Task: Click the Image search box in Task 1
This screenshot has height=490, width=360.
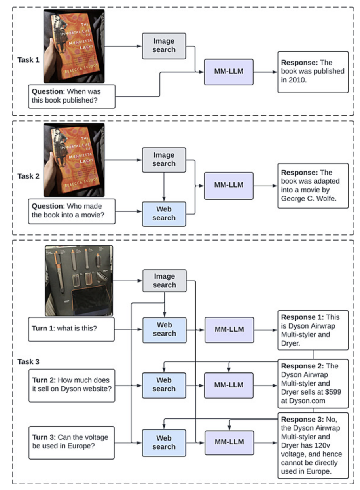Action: (x=164, y=46)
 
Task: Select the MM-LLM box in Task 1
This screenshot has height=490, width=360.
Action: (x=228, y=72)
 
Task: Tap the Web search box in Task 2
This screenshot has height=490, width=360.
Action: (x=164, y=214)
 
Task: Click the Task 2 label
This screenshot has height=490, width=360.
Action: (x=28, y=176)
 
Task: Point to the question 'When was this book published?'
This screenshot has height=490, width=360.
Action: (x=71, y=96)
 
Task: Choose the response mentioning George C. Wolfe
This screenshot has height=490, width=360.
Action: (x=313, y=186)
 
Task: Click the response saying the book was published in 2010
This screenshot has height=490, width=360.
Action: (x=313, y=72)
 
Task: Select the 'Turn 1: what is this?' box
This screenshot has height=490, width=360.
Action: (x=71, y=329)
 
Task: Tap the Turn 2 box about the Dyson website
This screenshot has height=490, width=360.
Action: (x=71, y=384)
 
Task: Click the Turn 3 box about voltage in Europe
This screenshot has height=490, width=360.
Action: (x=71, y=442)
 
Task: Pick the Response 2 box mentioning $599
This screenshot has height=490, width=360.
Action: (x=313, y=384)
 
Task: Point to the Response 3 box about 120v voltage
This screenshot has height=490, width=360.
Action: (x=313, y=445)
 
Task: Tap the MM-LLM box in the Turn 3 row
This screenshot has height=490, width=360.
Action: (x=229, y=442)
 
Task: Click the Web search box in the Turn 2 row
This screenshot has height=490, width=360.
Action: (x=164, y=384)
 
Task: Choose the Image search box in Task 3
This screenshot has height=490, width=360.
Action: (x=164, y=281)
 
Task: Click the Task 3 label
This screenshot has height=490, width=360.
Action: (x=28, y=361)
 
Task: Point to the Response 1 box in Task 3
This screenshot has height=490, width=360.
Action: (x=313, y=330)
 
